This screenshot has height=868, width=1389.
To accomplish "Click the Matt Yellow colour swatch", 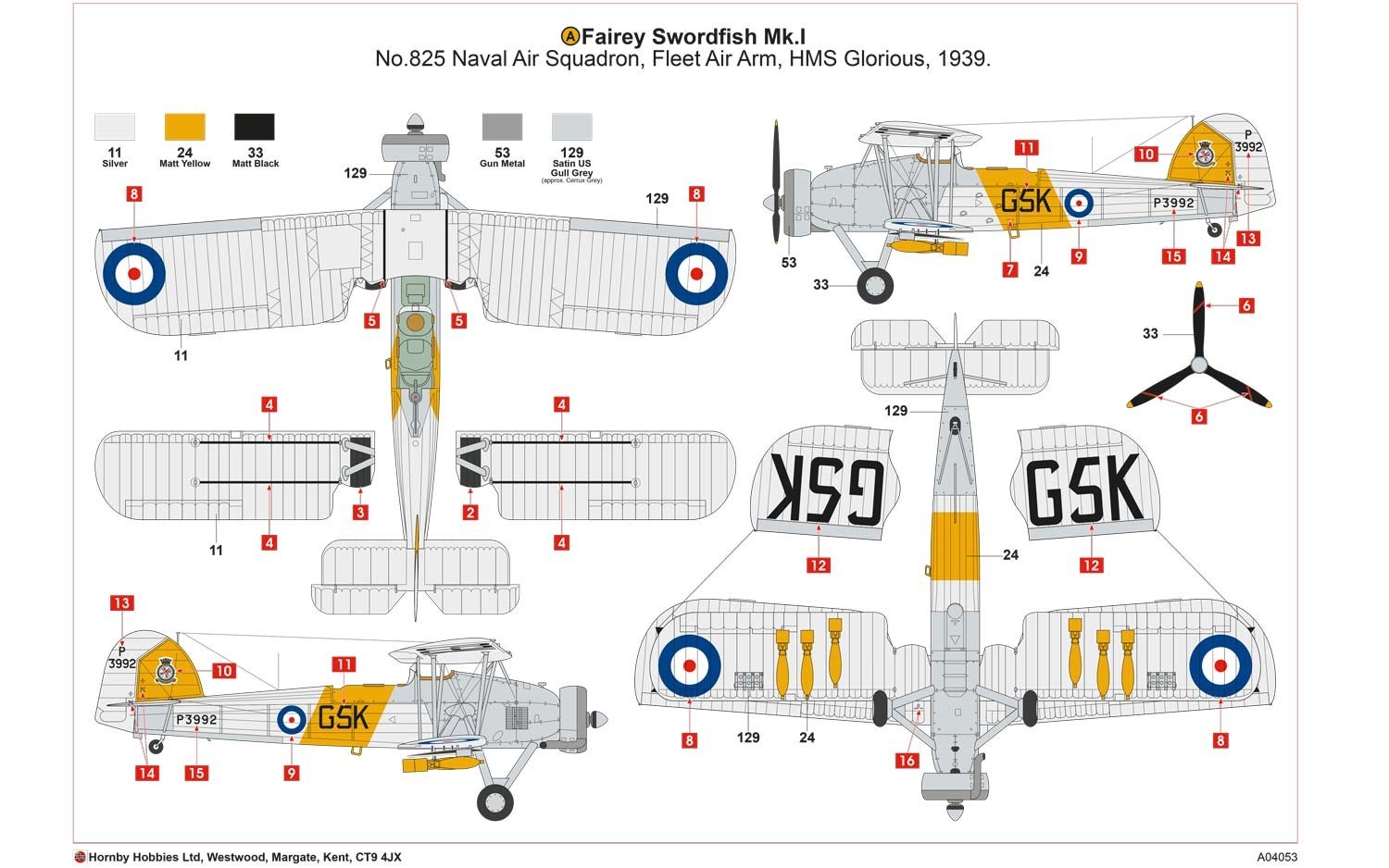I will (184, 127).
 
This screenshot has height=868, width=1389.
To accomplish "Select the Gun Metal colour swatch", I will (502, 127).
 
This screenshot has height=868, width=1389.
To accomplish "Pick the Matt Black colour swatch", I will (255, 127).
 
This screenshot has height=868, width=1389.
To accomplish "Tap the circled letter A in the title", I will (570, 36).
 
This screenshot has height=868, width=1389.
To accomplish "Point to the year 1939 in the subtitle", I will (963, 59).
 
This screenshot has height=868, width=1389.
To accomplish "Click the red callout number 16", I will (907, 761).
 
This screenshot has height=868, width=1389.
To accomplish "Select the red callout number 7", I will (1009, 269).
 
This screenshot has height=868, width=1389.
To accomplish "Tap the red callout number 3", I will (360, 512).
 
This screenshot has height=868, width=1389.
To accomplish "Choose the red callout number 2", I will (470, 512).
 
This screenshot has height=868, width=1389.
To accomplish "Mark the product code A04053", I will (1277, 857).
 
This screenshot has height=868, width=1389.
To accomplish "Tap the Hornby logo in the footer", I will (81, 857).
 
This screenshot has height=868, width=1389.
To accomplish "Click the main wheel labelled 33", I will (875, 286).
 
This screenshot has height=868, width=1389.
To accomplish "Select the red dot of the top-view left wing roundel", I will (133, 273).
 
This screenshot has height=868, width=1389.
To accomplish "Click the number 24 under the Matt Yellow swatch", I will (184, 153).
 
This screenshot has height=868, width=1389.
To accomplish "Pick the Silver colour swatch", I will (115, 127).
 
